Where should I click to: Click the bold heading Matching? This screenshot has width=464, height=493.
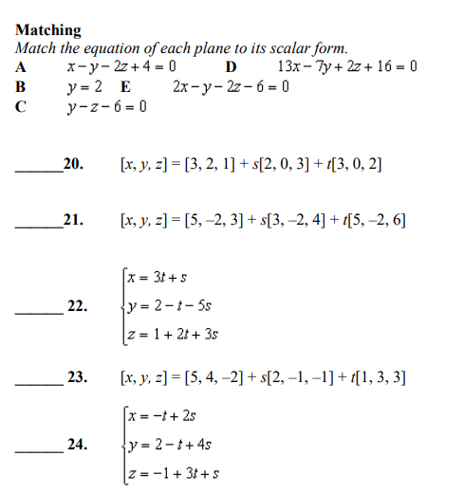48,31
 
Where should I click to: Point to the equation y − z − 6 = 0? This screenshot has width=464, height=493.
106,106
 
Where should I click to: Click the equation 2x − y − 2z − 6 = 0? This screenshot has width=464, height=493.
232,87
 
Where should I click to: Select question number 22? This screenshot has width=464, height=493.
79,306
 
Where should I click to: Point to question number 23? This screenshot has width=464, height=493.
79,378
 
